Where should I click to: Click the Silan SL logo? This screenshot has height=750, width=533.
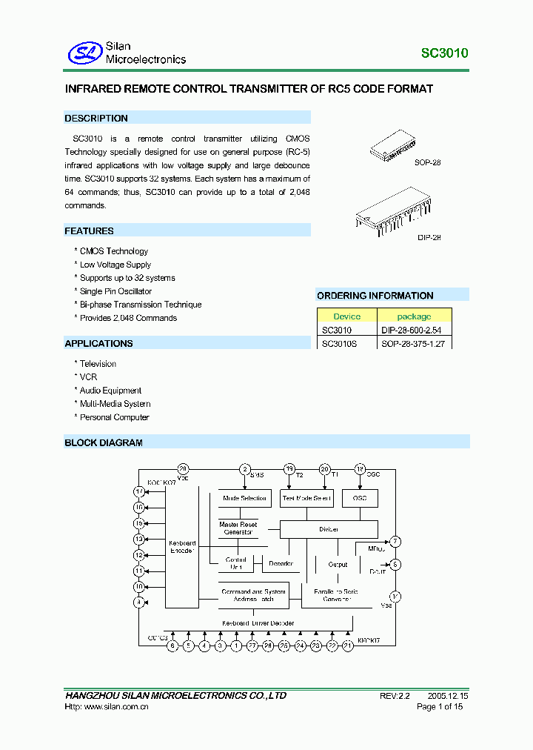[84, 53]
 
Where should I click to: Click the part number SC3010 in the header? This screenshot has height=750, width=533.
[444, 53]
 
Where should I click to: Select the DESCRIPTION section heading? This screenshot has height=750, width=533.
[96, 119]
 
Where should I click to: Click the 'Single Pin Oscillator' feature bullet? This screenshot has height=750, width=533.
[115, 291]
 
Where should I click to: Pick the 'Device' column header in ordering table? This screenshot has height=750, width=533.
[346, 316]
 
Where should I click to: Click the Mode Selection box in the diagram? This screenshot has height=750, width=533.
[245, 499]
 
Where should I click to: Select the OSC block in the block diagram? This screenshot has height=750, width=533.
[360, 499]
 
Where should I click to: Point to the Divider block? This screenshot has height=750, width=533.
[329, 529]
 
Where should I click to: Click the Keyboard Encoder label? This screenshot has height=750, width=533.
[182, 547]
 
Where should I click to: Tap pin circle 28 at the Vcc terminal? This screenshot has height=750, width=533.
[183, 469]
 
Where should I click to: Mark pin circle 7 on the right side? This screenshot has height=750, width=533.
[396, 542]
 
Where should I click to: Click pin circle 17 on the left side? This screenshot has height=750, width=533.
[138, 491]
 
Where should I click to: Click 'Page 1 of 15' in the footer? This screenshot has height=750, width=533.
[440, 707]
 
